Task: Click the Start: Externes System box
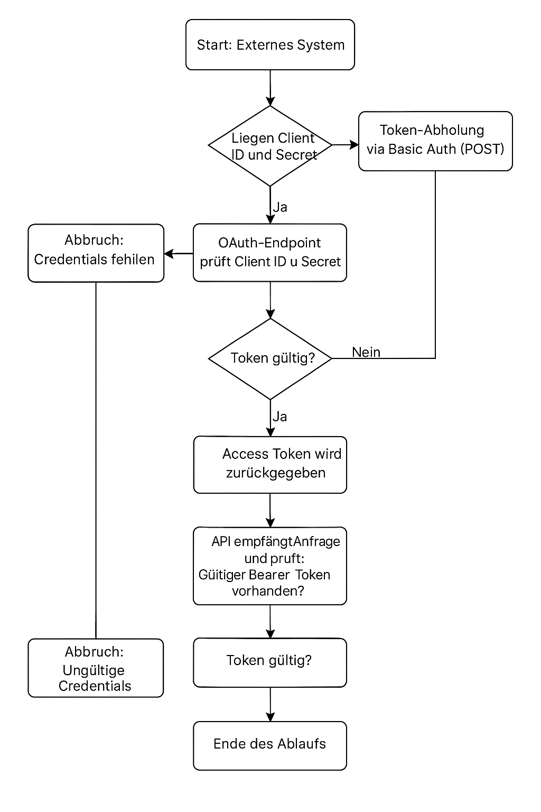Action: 270,45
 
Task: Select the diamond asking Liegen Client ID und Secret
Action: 270,146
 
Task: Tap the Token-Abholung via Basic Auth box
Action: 435,141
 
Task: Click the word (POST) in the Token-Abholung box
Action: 482,149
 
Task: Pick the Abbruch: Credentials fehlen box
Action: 96,253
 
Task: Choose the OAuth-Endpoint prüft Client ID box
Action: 270,253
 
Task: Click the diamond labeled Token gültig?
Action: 270,358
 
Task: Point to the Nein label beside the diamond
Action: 366,352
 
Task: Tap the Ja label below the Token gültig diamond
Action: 280,417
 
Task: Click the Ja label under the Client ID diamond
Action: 280,207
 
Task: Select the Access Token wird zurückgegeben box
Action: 270,465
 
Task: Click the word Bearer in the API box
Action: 269,575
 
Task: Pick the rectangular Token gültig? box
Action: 270,662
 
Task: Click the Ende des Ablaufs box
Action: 270,745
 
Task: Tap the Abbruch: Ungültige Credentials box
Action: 96,668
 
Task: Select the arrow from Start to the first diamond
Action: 270,88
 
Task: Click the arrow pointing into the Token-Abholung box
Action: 346,145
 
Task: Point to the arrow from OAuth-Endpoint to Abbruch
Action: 179,254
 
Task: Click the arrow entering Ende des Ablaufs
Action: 270,704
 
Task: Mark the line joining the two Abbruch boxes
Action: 96,460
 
